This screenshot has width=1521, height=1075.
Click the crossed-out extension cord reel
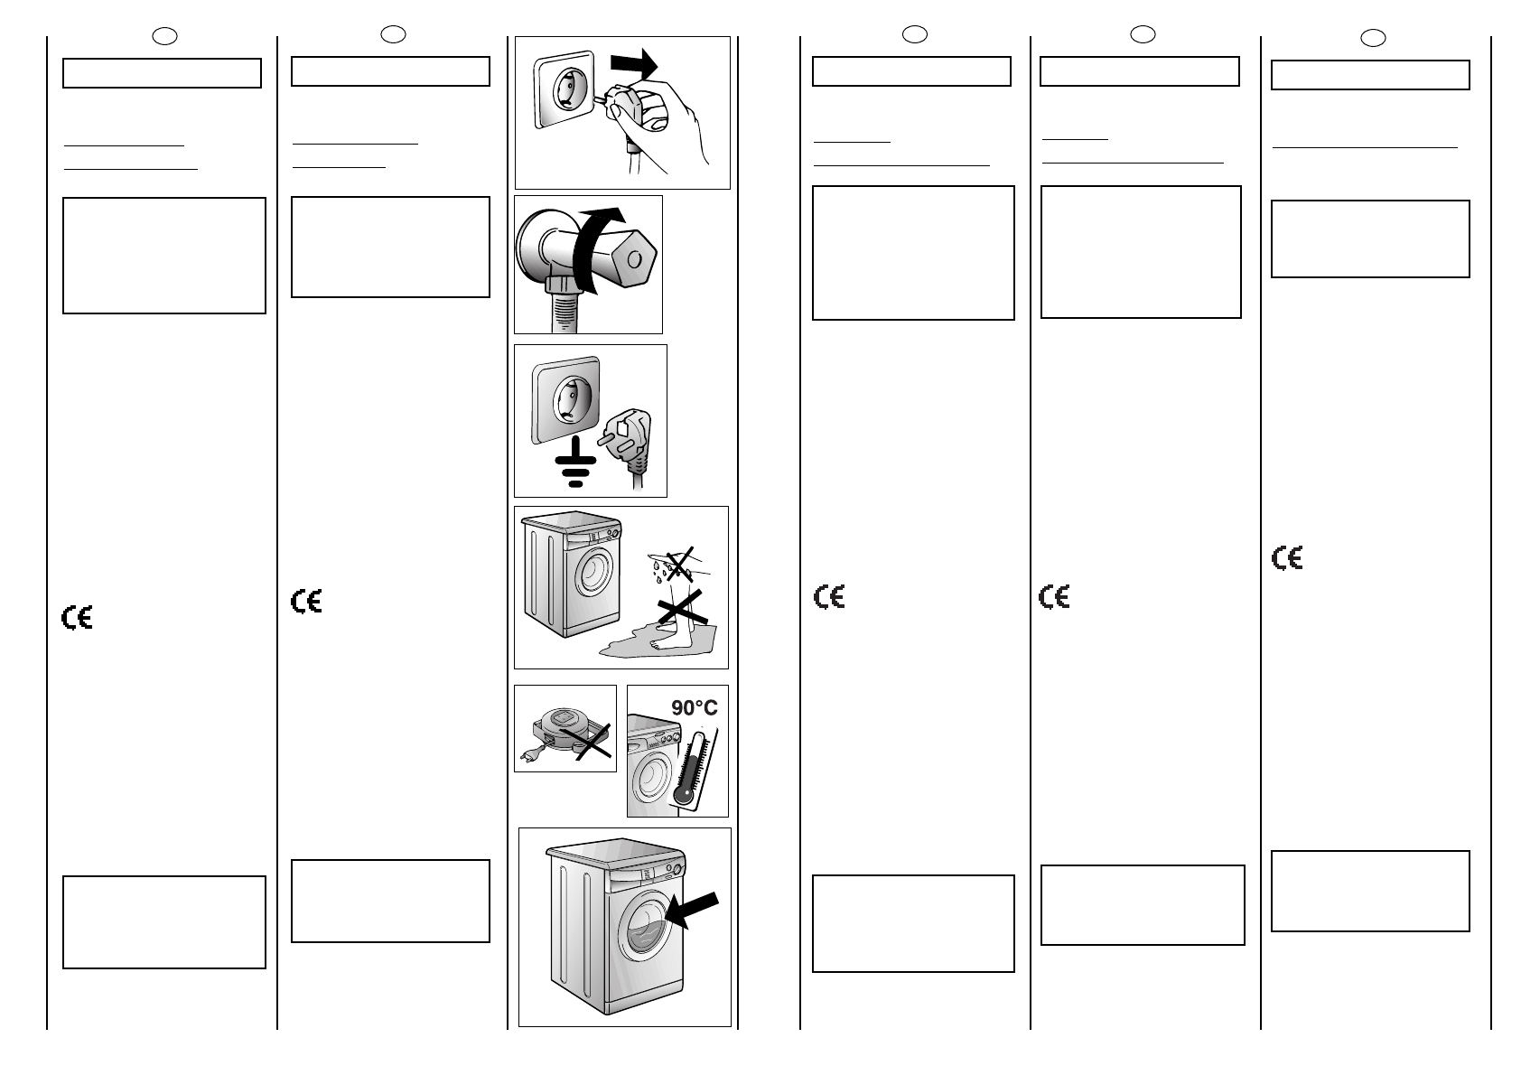point(564,732)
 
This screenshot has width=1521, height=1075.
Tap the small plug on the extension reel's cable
point(526,755)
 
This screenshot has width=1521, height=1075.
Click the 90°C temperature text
point(694,708)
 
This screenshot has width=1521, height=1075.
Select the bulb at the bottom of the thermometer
point(684,796)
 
